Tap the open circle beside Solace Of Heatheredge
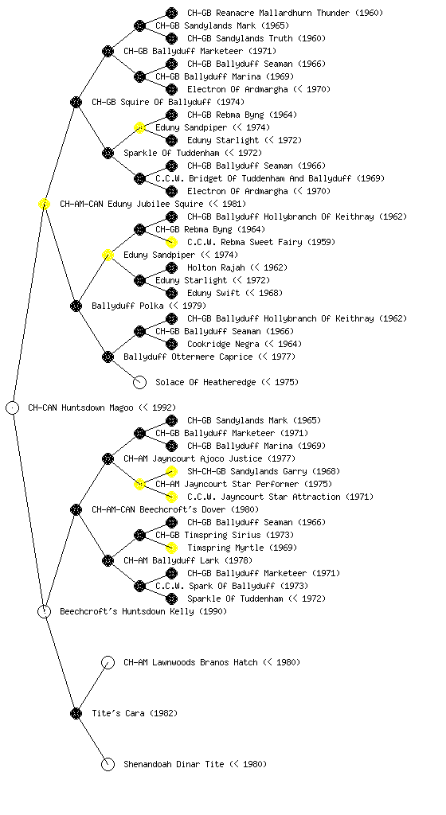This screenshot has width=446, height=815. pyautogui.click(x=139, y=383)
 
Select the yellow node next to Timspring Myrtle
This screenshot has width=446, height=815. pyautogui.click(x=171, y=548)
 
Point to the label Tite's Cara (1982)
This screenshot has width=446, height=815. pyautogui.click(x=135, y=714)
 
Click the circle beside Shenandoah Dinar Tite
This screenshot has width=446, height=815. pyautogui.click(x=108, y=765)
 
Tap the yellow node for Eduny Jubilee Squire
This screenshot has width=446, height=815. pyautogui.click(x=44, y=205)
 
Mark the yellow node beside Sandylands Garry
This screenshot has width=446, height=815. pyautogui.click(x=171, y=471)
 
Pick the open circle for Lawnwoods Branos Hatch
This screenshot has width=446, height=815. pyautogui.click(x=108, y=663)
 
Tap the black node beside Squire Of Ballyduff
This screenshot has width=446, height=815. pyautogui.click(x=76, y=103)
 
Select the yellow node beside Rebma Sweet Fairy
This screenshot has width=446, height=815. pyautogui.click(x=171, y=242)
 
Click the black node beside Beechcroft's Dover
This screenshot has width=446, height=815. pyautogui.click(x=76, y=510)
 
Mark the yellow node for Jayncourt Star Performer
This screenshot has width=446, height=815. pyautogui.click(x=139, y=485)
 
